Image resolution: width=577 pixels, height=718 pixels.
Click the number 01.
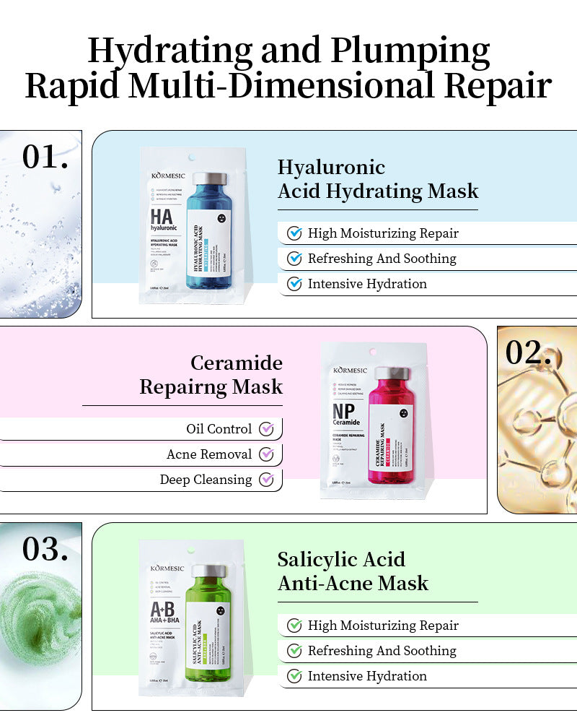click(x=45, y=157)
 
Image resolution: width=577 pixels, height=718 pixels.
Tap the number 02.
click(x=528, y=352)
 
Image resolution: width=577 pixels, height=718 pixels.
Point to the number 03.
click(x=45, y=549)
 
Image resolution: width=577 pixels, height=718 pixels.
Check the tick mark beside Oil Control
click(x=266, y=429)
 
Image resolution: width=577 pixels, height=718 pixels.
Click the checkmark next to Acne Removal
click(x=266, y=454)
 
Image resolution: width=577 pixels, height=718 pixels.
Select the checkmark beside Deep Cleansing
click(x=266, y=480)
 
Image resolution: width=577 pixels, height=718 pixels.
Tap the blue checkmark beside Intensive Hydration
click(x=294, y=284)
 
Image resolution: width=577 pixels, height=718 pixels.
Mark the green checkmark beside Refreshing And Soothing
click(x=294, y=651)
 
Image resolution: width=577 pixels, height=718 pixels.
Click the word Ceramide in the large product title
click(x=237, y=363)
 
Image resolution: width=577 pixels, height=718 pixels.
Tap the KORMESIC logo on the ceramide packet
click(x=349, y=370)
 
